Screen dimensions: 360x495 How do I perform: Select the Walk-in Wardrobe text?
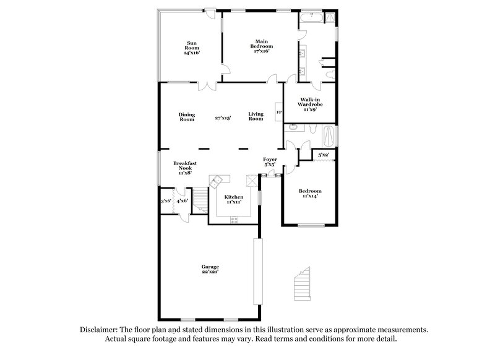point(310,104)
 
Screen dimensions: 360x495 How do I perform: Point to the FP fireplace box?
point(279,113)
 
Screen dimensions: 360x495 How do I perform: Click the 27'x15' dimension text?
point(223,117)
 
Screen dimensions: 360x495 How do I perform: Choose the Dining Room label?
point(187,117)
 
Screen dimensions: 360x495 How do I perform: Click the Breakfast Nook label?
point(185,168)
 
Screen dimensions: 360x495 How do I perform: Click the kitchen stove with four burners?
point(234,220)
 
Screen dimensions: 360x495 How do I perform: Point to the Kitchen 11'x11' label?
point(233,199)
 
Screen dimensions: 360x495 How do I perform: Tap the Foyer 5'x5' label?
point(270,162)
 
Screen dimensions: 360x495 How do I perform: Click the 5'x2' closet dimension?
point(324,155)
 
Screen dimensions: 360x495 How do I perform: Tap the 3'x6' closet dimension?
point(166,200)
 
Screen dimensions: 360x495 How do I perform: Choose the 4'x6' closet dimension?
point(182,200)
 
